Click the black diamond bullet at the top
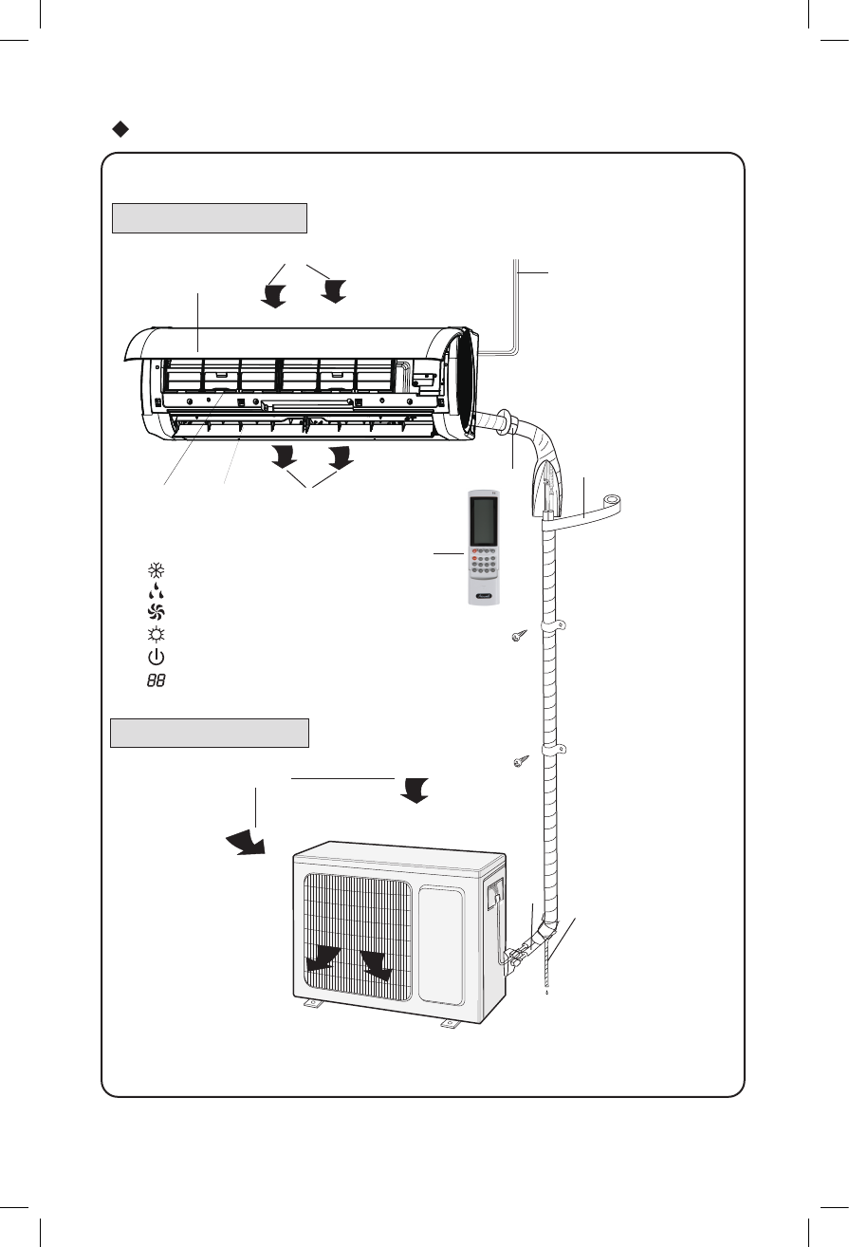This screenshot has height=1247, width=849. pos(120,128)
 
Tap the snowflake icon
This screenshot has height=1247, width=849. pos(156,571)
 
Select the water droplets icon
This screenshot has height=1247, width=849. pos(156,593)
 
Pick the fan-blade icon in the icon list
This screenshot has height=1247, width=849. pos(156,614)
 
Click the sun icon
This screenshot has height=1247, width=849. pos(156,636)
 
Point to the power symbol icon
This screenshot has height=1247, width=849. pos(156,658)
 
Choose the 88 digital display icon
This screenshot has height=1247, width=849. pos(156,680)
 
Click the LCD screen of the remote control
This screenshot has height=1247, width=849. pos(483,520)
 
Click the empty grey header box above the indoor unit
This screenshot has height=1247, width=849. pos(210,217)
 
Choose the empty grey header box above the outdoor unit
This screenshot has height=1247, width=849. pos(210,733)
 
